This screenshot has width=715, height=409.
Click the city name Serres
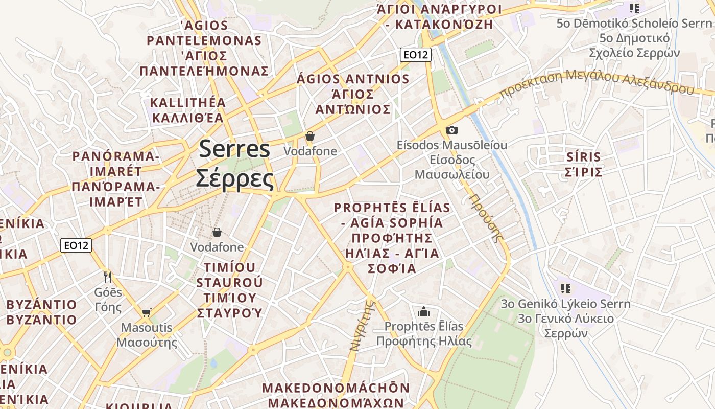(234, 149)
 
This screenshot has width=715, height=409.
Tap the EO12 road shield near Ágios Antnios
(416, 55)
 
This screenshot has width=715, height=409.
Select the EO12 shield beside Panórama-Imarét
(76, 245)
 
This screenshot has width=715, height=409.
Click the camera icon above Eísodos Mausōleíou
(451, 130)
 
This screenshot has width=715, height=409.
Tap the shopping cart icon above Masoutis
(147, 312)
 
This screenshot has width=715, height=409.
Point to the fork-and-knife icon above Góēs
(108, 277)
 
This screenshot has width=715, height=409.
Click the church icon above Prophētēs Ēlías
(423, 311)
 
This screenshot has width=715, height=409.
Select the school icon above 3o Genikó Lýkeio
(565, 289)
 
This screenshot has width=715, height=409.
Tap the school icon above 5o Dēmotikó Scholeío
(634, 8)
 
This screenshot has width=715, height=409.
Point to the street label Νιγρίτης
(362, 326)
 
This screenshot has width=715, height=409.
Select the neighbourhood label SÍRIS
(583, 156)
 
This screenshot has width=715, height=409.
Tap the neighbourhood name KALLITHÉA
(188, 102)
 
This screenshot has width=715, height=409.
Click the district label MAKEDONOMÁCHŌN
(336, 388)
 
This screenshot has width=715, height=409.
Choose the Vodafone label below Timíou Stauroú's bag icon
(217, 247)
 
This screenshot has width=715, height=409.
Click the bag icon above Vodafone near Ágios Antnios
(310, 136)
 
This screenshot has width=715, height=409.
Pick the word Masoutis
(147, 327)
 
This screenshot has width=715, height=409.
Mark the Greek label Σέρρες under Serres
(235, 178)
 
